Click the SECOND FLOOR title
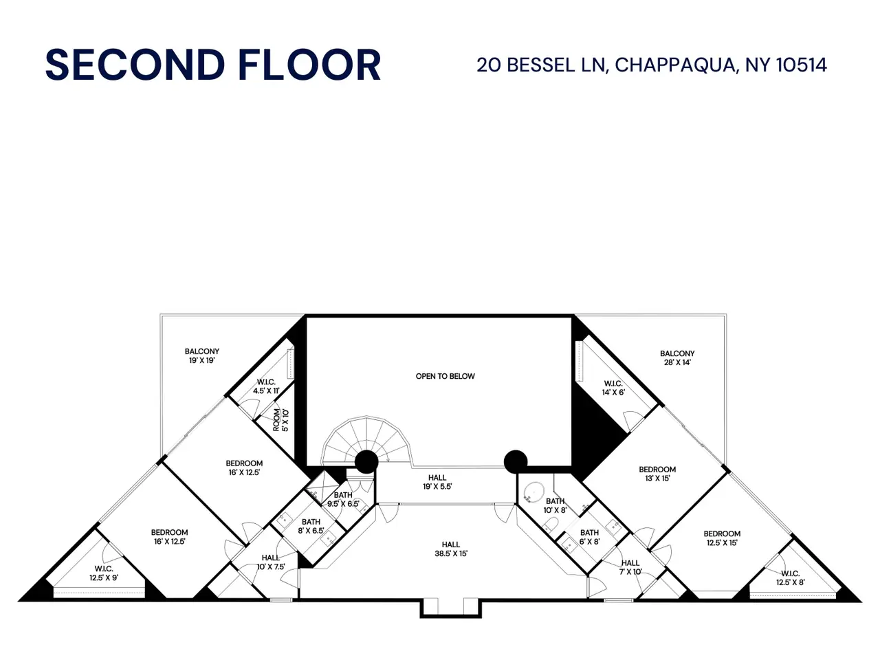(x=213, y=65)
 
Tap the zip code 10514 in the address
(x=802, y=65)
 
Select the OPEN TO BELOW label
(x=445, y=376)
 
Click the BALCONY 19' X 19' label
(x=202, y=356)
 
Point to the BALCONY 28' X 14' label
(x=677, y=358)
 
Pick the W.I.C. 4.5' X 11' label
(x=266, y=386)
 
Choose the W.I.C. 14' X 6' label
(x=613, y=388)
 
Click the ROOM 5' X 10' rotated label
(x=280, y=420)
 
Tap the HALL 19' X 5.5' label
(x=437, y=482)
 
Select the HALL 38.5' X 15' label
(x=451, y=549)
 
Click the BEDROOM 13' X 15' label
(x=657, y=474)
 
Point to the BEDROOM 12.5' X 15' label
(x=722, y=538)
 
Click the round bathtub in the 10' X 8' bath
(x=533, y=493)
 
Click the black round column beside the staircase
(x=366, y=462)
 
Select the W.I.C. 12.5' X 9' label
(x=104, y=573)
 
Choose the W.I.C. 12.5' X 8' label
(x=791, y=578)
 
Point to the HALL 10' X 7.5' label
(x=271, y=562)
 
